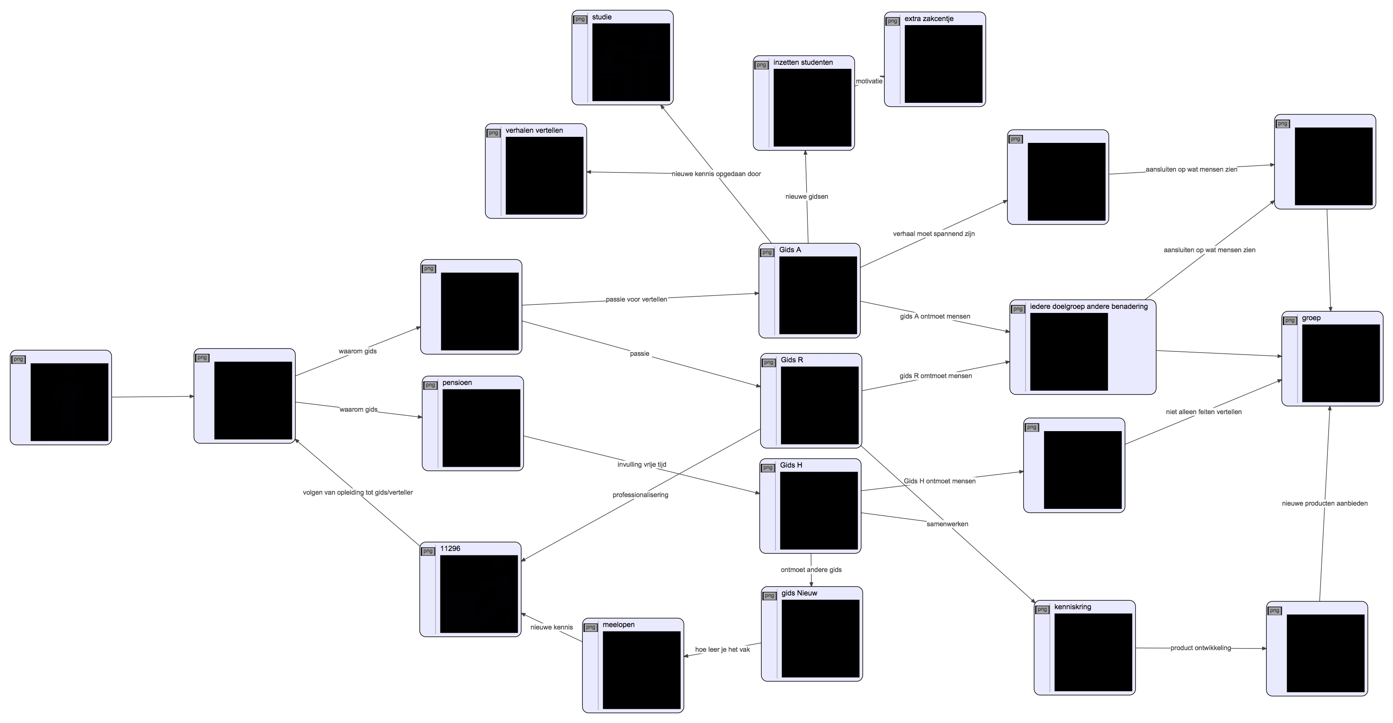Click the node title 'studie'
(x=601, y=17)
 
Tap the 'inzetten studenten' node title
(x=803, y=63)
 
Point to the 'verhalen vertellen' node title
(x=534, y=131)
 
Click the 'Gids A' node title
(x=790, y=250)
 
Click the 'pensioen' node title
(x=457, y=383)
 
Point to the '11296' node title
(x=450, y=549)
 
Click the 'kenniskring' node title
(x=1072, y=607)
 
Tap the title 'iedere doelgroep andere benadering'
(x=1089, y=306)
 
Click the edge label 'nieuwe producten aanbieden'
(x=1324, y=504)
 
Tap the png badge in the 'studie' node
(x=580, y=19)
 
